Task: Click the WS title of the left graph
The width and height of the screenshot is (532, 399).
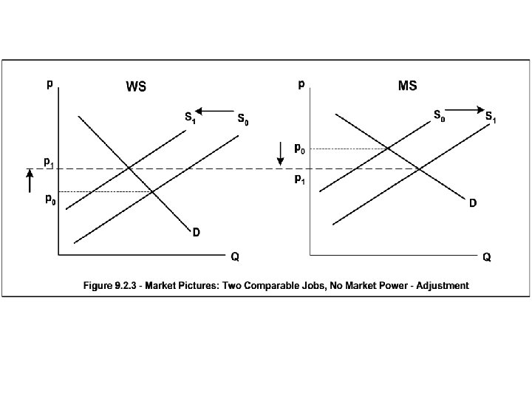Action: [x=135, y=87]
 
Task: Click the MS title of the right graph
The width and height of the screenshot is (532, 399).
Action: [x=407, y=86]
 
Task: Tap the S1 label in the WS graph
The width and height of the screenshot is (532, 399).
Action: [x=190, y=116]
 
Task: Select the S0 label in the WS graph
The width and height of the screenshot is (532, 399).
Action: [x=242, y=119]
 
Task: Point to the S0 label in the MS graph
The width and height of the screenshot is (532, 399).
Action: [x=439, y=116]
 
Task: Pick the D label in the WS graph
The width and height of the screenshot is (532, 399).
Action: [x=197, y=233]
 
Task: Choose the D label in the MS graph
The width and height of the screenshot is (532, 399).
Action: [x=471, y=203]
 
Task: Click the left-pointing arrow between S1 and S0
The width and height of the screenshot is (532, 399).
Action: [x=215, y=112]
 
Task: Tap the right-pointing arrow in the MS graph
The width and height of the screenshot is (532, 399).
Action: [x=464, y=110]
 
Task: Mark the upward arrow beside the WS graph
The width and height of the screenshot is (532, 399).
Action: [x=30, y=181]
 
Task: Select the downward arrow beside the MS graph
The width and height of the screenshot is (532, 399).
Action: [x=280, y=154]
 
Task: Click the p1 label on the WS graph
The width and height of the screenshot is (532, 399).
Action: [x=48, y=161]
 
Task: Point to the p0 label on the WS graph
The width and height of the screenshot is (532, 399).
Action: [x=50, y=199]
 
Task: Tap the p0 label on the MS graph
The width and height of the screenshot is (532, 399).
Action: [x=300, y=149]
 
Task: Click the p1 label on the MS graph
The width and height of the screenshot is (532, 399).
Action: [x=299, y=180]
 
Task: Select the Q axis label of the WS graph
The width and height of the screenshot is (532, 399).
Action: [x=234, y=257]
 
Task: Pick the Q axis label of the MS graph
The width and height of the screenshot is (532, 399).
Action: [x=487, y=257]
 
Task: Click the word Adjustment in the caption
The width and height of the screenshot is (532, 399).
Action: [x=442, y=285]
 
